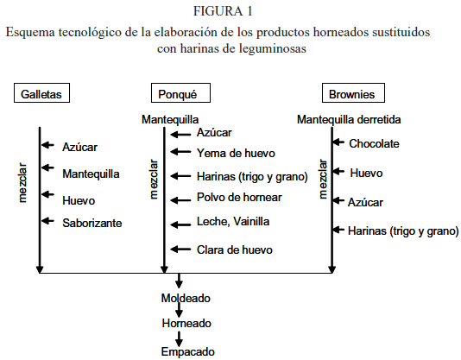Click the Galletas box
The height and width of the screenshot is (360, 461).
coord(41,93)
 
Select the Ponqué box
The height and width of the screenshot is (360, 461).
coord(180,93)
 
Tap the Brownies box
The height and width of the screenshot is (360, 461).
coord(353,93)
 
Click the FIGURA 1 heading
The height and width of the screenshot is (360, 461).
coord(223,11)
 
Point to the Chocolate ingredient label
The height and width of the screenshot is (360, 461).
coord(374,143)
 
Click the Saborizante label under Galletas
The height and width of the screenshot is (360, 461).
coord(92,223)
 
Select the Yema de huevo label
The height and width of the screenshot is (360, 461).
coord(236,153)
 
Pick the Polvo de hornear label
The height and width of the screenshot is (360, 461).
coord(239,197)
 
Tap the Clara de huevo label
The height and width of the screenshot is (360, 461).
coord(234,249)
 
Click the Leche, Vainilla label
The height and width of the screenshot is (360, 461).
coord(233,221)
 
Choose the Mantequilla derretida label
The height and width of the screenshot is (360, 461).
coord(349,119)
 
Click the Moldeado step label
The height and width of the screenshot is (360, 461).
coord(186,298)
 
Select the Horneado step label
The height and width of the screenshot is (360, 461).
coord(186,323)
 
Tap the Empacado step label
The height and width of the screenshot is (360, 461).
coord(187,351)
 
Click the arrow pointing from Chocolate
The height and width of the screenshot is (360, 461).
coord(338,142)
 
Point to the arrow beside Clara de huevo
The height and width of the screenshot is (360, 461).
coord(180,249)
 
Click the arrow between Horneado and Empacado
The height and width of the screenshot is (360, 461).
coord(179,338)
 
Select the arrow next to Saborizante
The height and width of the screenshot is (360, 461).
coord(47,221)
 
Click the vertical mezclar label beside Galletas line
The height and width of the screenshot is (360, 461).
coord(22,183)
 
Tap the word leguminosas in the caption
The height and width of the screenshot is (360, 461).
coord(273,48)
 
